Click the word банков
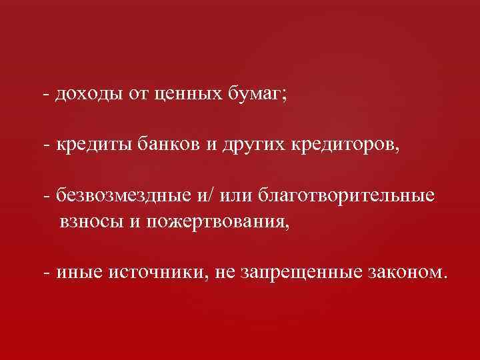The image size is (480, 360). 170,143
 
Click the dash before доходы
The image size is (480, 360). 44,94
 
